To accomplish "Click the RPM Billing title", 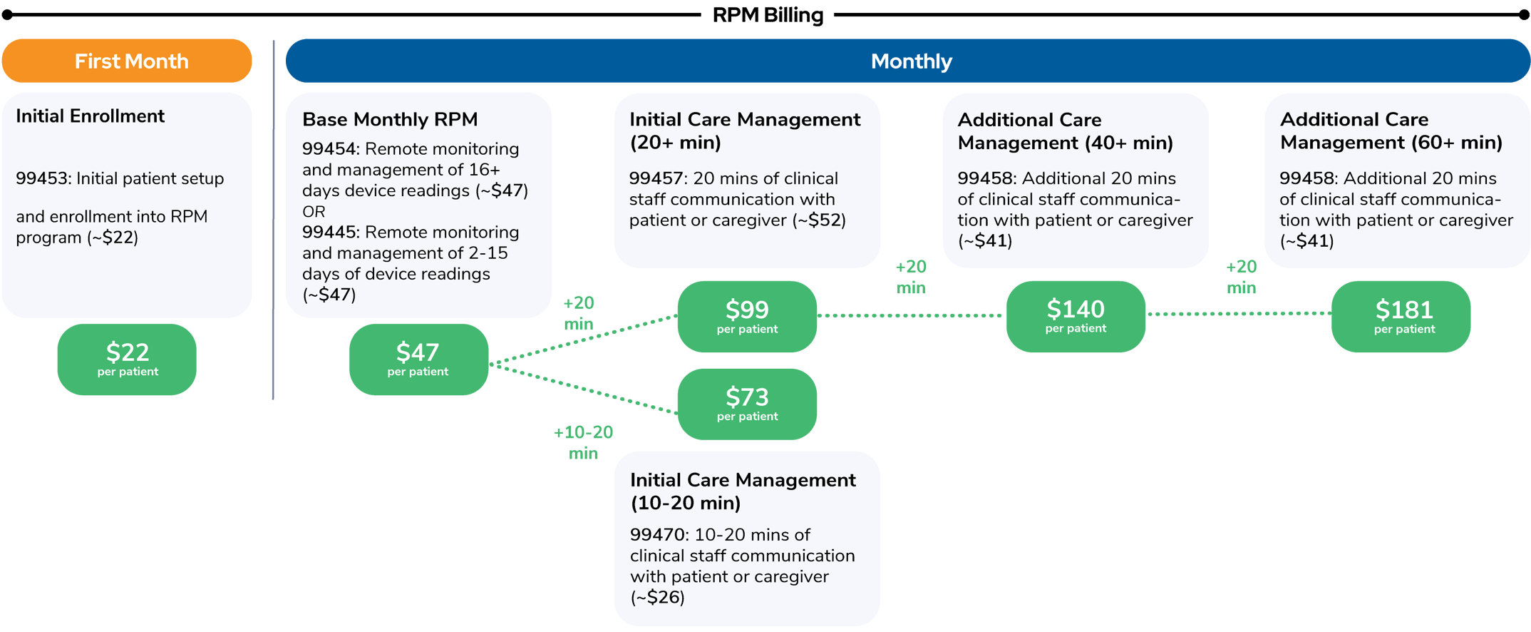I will pos(768,15).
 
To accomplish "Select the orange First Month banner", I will pos(127,61).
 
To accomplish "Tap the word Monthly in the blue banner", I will pos(911,61).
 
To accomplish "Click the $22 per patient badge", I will pos(127,359).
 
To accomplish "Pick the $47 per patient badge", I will pos(418,359).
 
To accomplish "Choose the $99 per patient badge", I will pos(747,316).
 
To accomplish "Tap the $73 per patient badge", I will pos(747,404).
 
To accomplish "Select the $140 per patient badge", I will pos(1076,316).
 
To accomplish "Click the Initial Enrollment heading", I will pos(90,116).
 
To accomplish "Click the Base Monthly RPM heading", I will pos(390,119).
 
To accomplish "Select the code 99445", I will pos(329,233).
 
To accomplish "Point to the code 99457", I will pos(656,178).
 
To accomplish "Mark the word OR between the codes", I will pos(314,212).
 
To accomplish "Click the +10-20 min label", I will pos(583,442).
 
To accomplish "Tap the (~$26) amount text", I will pos(657,597).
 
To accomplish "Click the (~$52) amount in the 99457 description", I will pos(819,220).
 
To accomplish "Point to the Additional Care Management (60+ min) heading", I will pos(1391,131).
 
